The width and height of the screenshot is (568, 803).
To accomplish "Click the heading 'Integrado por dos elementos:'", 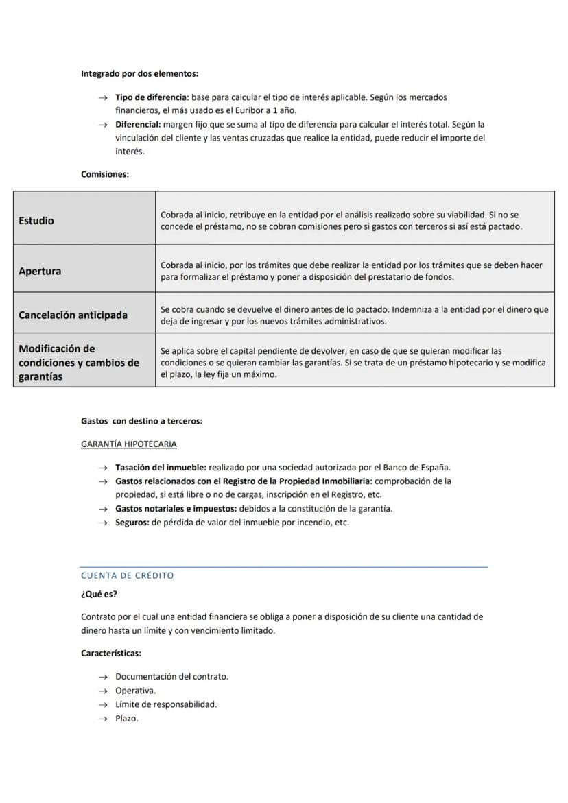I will coord(139,73).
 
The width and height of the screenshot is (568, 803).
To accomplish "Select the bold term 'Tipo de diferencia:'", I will coord(152,97).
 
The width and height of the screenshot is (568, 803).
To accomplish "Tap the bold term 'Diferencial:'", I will coord(138,124).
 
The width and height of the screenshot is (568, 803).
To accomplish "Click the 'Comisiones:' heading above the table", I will coord(105,174).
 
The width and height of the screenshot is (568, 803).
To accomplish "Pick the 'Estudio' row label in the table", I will coord(36,221).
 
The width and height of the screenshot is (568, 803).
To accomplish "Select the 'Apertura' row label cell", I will coord(40,271).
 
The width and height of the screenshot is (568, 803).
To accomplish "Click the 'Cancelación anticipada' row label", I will coord(73,315).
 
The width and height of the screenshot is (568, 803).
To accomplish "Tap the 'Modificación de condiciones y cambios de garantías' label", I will coord(78,362).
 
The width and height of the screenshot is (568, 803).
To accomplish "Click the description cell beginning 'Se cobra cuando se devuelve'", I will coord(354,315).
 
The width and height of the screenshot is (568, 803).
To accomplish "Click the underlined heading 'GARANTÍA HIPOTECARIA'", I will coord(128,444).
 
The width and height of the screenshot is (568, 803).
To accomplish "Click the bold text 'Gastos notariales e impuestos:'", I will coord(176,508).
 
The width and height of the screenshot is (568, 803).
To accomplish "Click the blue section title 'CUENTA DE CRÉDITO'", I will coord(128,575).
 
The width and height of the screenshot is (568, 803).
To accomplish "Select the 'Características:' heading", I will coord(111,653).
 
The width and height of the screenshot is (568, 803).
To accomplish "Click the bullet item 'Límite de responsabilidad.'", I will coord(166,704).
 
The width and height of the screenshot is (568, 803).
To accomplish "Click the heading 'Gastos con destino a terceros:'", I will coord(141,421).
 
